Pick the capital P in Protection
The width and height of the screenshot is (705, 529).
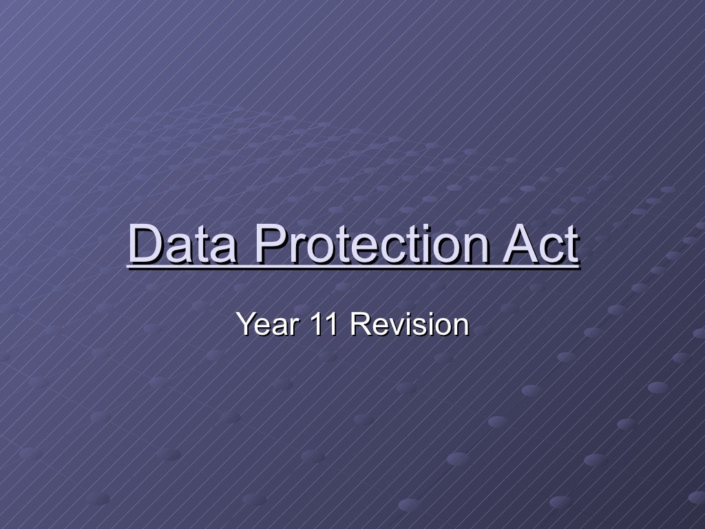[x=268, y=245]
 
